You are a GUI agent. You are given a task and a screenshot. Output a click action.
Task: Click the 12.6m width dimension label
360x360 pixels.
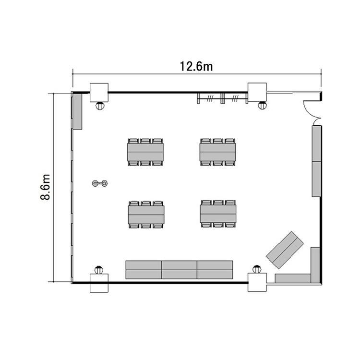196,66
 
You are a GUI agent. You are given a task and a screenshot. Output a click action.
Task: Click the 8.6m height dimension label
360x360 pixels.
45,187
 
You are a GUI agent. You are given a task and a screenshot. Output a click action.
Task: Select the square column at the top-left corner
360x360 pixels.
99,93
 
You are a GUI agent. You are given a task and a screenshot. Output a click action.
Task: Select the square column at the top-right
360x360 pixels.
257,92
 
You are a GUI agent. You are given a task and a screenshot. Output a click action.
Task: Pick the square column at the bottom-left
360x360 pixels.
99,283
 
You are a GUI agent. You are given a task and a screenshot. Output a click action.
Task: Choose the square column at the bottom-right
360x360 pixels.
257,282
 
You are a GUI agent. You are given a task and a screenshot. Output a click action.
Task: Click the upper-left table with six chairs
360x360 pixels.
145,152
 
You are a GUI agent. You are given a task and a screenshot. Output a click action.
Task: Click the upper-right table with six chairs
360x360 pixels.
217,152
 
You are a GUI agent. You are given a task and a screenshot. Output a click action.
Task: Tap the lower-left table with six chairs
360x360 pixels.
146,215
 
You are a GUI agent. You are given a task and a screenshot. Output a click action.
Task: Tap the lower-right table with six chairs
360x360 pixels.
218,214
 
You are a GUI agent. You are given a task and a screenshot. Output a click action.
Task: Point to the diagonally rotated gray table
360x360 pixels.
285,250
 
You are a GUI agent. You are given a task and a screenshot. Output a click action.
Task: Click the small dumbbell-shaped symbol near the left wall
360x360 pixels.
100,183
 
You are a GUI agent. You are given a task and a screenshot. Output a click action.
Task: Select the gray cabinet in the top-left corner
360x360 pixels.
77,111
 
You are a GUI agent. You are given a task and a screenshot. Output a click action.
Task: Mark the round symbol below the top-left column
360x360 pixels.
100,106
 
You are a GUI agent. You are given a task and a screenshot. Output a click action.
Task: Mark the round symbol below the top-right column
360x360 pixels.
262,106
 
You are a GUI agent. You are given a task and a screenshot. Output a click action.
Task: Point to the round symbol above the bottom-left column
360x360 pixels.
99,270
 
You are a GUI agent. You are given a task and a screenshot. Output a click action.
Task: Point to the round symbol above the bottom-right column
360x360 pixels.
257,269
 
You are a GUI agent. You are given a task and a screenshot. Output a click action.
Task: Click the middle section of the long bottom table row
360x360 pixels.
180,270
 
